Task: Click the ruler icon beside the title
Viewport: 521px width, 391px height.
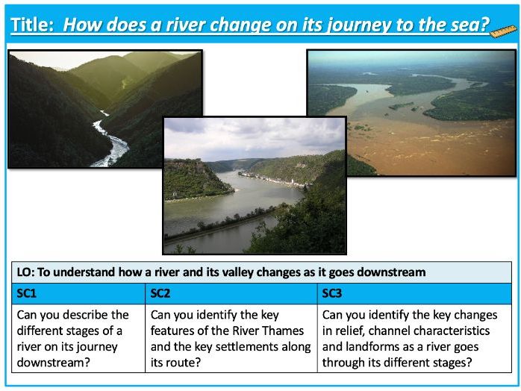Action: click(499, 29)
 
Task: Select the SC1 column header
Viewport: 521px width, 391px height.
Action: click(27, 293)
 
